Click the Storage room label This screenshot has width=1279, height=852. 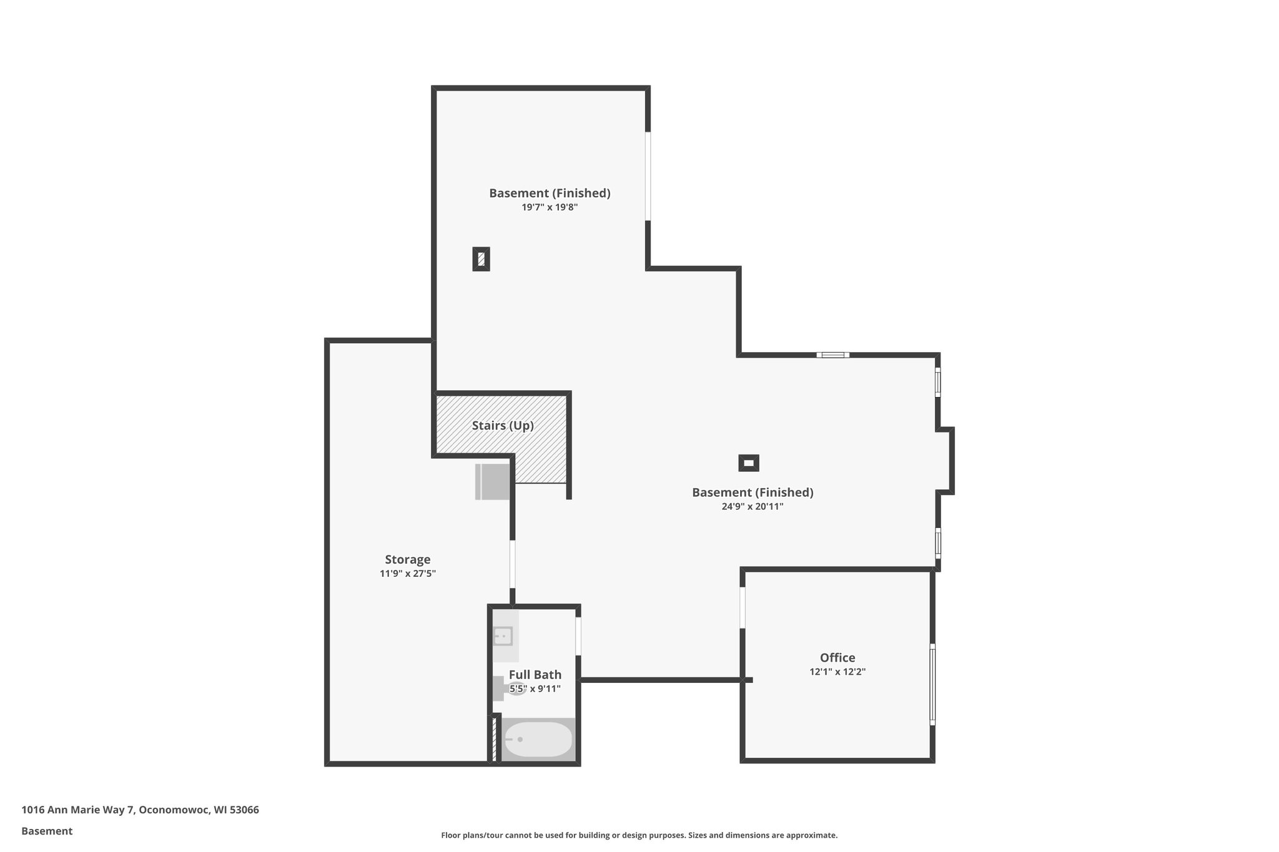tap(407, 559)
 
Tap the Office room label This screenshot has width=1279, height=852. tap(837, 657)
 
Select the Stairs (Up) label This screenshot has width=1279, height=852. tap(502, 426)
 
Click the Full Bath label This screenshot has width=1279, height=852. tap(535, 675)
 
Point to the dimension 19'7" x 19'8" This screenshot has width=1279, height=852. tap(550, 207)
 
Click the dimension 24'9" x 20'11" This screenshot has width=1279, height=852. tap(752, 507)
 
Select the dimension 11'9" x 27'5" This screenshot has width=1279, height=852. tap(407, 574)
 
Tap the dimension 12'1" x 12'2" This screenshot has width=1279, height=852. tap(837, 672)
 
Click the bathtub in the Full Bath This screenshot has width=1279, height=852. tap(538, 740)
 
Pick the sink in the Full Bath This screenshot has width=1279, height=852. tap(503, 636)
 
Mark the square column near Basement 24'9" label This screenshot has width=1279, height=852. tap(748, 463)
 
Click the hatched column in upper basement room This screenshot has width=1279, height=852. tap(481, 259)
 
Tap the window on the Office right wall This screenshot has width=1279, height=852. tap(932, 685)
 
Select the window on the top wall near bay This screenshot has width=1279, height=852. tap(832, 355)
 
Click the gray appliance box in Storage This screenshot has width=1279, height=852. tap(493, 481)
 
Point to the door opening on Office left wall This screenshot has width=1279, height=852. tap(743, 607)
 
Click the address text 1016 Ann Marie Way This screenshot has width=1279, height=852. tap(140, 810)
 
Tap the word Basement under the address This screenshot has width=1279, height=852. tap(47, 831)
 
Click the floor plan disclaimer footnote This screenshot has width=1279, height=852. tap(639, 835)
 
